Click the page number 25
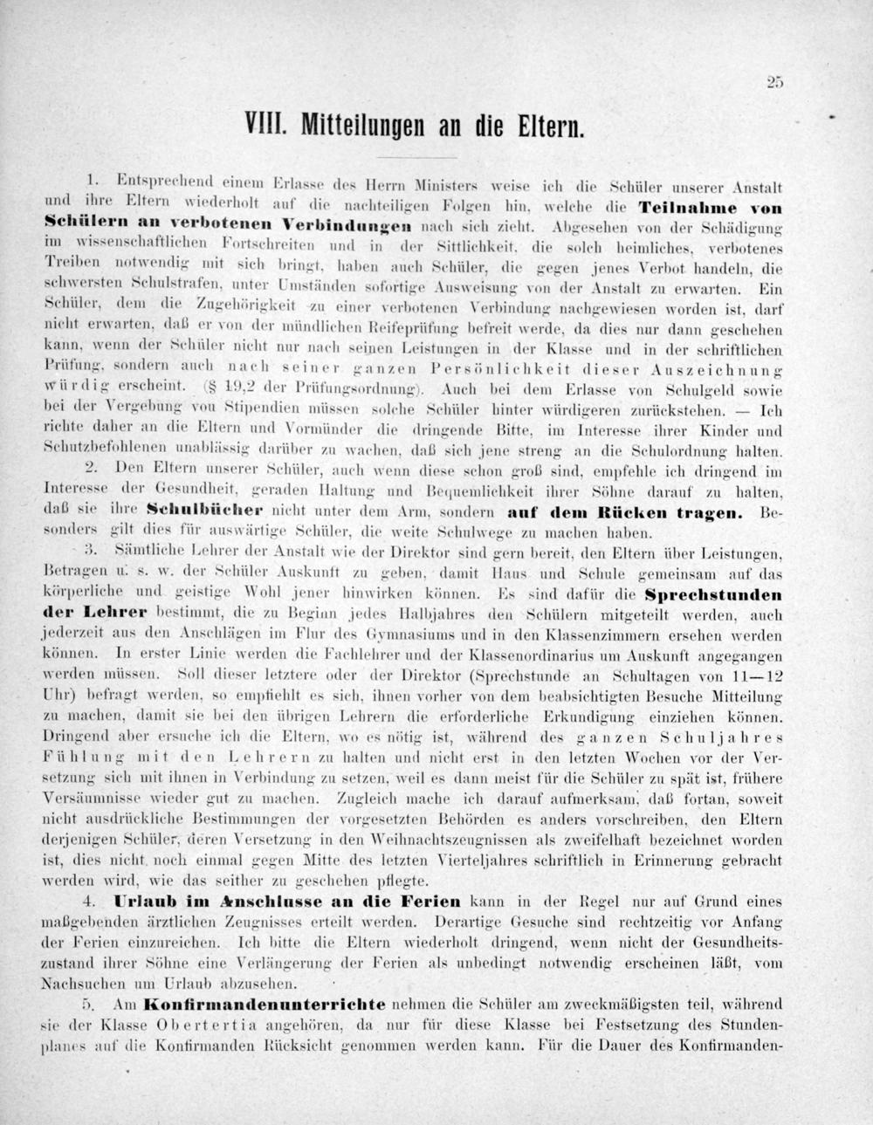[775, 83]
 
